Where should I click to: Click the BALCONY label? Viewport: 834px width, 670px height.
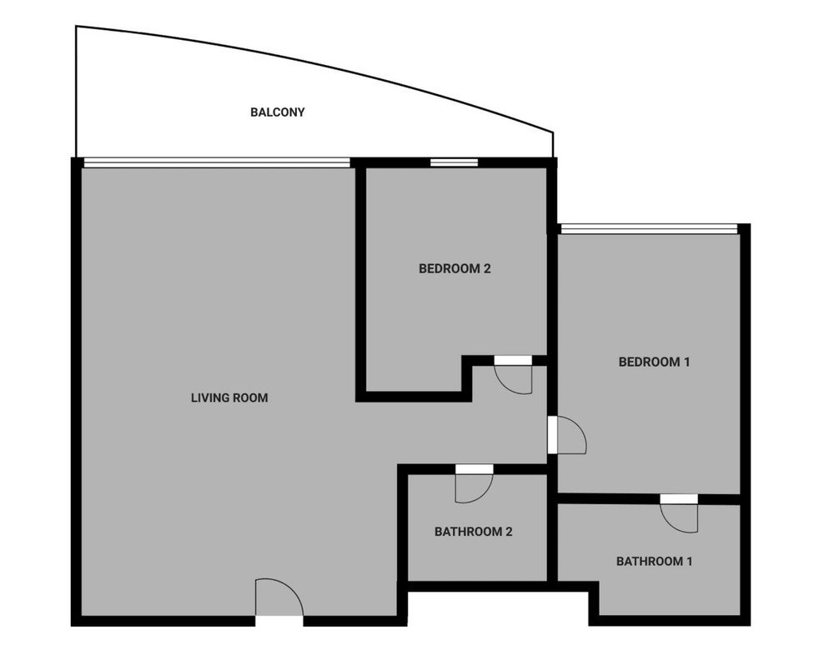277,112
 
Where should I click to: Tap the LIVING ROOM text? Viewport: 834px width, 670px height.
229,397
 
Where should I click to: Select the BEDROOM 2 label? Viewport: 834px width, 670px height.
455,269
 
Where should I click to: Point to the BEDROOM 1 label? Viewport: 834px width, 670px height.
654,362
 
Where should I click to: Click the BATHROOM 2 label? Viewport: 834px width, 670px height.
474,532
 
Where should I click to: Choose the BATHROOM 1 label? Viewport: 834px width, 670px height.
654,561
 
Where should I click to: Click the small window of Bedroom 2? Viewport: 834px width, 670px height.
454,162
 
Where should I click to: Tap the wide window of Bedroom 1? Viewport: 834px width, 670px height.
650,229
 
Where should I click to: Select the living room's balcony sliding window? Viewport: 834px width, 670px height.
217,162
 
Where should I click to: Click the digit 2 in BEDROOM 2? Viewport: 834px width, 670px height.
487,269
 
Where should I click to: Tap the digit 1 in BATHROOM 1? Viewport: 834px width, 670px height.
690,561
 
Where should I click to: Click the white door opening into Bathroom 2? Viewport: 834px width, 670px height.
475,469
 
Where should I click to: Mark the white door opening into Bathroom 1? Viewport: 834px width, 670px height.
679,499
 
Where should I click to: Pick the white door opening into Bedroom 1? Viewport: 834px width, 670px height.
553,435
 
